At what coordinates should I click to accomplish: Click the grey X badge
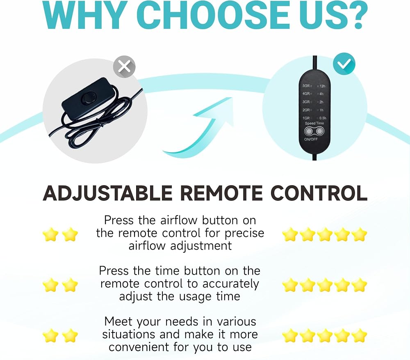[124, 66]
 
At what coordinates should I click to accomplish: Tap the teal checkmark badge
[344, 64]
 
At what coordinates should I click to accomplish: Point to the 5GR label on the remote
[306, 86]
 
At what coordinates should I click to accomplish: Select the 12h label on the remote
[322, 86]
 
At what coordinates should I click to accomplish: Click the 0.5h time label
[323, 118]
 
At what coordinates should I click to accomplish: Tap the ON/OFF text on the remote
[311, 139]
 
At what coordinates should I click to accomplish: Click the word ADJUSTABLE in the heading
[107, 193]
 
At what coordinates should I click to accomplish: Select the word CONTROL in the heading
[319, 193]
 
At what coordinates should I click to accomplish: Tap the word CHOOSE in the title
[216, 15]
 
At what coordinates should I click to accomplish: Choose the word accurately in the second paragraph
[230, 284]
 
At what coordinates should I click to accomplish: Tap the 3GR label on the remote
[306, 102]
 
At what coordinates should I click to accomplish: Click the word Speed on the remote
[310, 123]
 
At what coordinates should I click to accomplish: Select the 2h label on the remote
[321, 102]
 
